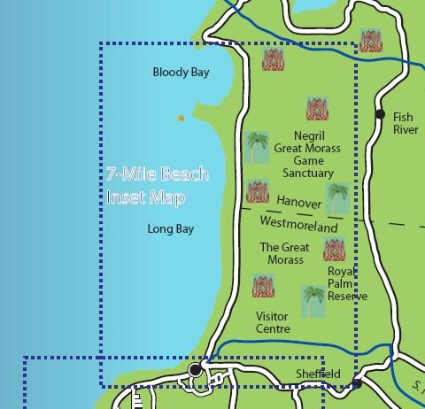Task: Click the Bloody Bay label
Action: [181, 73]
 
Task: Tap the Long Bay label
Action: [170, 229]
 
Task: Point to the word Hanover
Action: [298, 203]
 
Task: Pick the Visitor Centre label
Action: [273, 322]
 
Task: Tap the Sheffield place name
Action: [318, 374]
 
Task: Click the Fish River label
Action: [405, 123]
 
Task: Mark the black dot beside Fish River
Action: [380, 114]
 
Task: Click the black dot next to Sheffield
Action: [356, 384]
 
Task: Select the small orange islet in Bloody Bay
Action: [181, 118]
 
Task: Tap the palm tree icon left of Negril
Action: [257, 147]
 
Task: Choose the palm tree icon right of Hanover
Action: [337, 198]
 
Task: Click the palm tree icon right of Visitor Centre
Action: [313, 301]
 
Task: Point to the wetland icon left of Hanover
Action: [258, 191]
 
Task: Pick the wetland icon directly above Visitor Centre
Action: [263, 286]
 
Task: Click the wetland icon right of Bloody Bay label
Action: [274, 60]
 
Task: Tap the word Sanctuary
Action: [307, 174]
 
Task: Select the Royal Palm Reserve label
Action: [346, 284]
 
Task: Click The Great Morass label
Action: [284, 254]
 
